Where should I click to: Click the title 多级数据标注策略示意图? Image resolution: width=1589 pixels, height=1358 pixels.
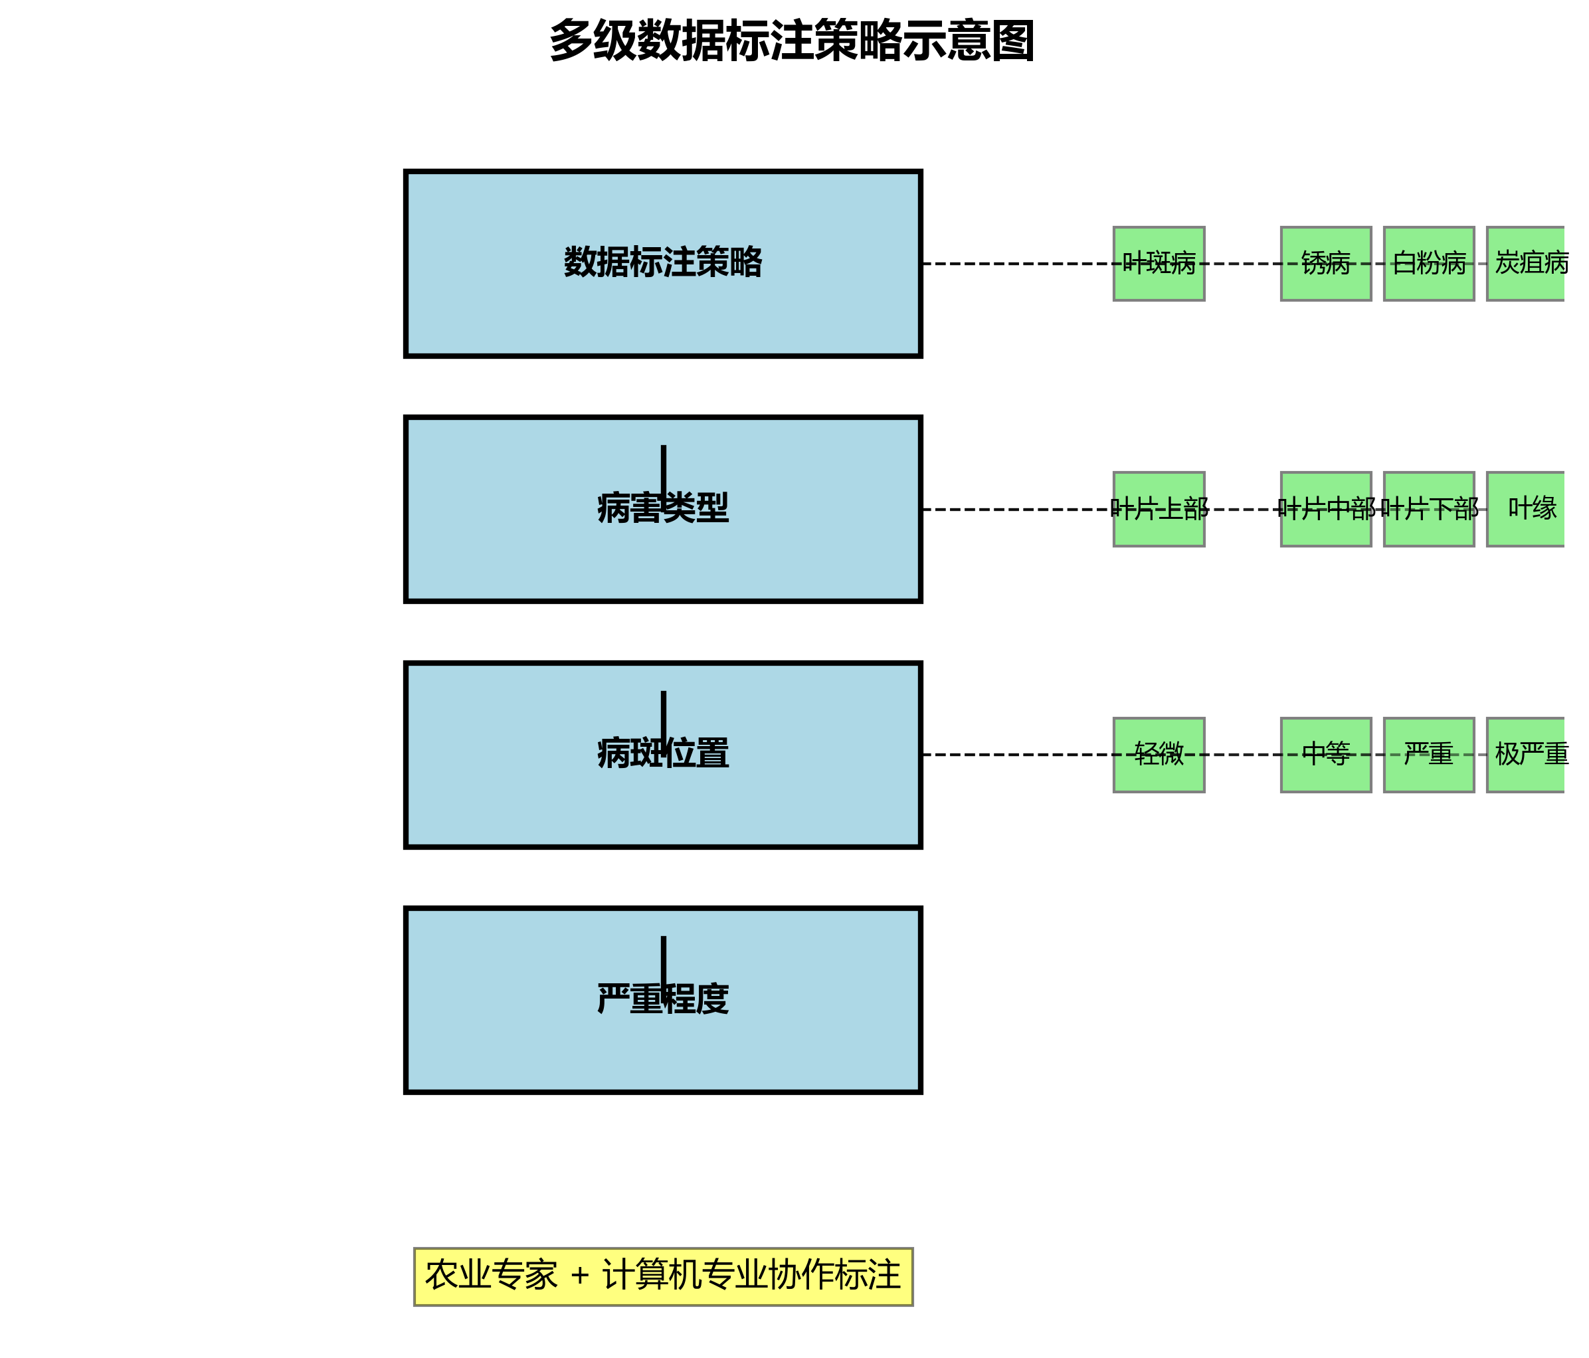(x=793, y=41)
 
